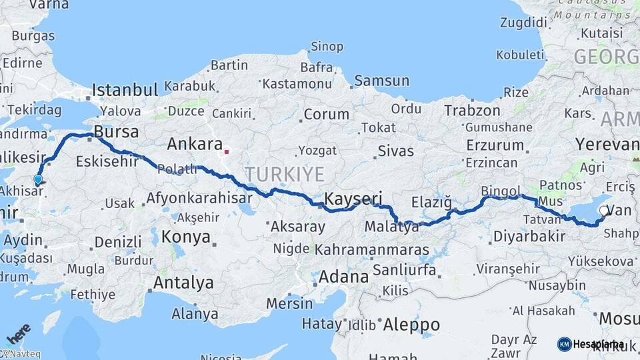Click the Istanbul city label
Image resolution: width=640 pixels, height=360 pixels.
(x=125, y=90)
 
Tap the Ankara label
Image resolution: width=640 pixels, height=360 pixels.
(x=194, y=144)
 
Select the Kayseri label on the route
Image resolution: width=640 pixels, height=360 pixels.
(x=353, y=198)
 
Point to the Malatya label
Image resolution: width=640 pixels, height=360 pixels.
(x=391, y=227)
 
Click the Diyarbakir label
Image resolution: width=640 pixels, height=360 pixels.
(x=529, y=237)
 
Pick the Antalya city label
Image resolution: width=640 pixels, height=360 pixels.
(x=183, y=283)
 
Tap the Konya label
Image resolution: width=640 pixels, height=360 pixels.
(x=186, y=237)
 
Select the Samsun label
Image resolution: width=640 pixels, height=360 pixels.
(x=381, y=81)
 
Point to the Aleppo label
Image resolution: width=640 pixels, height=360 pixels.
(x=411, y=325)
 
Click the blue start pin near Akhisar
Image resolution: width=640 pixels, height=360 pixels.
(x=38, y=179)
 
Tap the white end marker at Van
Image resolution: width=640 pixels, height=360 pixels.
(x=603, y=211)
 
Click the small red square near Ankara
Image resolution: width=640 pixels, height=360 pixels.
(x=227, y=151)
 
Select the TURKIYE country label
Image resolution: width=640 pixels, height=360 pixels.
(x=284, y=175)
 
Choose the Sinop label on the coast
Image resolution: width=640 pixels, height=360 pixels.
(x=327, y=47)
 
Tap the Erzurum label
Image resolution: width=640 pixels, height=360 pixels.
(x=495, y=145)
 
